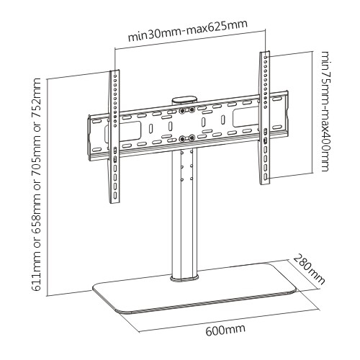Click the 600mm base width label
click(225, 330)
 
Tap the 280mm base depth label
click(309, 269)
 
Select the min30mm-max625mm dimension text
click(187, 32)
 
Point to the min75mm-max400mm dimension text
click(327, 111)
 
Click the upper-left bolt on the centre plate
click(182, 110)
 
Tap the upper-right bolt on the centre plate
click(192, 110)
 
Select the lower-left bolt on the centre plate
click(182, 138)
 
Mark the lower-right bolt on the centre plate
click(192, 138)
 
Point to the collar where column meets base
click(184, 278)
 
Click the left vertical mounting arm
click(114, 137)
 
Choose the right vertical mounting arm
click(265, 118)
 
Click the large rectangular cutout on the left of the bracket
click(123, 131)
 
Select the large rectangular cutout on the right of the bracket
click(247, 117)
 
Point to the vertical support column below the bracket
click(184, 211)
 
